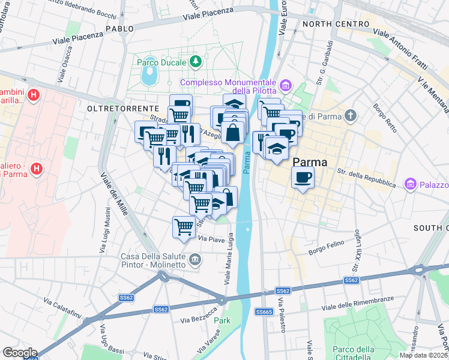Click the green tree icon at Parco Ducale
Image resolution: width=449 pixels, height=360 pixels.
[195, 61]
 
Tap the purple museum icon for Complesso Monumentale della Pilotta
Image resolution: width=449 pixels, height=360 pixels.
[285, 87]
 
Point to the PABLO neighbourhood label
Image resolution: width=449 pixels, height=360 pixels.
[119, 28]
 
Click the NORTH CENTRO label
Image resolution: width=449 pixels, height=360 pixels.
[336, 24]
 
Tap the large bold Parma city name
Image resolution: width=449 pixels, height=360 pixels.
[310, 163]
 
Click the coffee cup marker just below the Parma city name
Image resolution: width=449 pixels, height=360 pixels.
[303, 176]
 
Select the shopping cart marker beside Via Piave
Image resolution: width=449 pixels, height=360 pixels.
[184, 227]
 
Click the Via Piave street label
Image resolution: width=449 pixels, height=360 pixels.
[211, 239]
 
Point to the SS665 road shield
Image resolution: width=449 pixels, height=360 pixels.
[264, 311]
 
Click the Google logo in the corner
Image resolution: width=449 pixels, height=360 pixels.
[20, 353]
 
